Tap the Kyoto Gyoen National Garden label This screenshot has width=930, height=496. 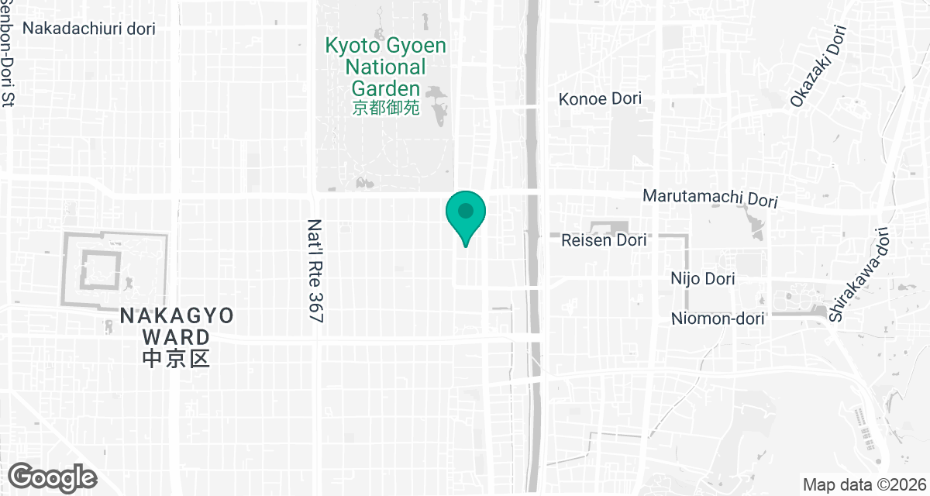click(385, 67)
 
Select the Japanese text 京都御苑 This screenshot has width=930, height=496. click(385, 108)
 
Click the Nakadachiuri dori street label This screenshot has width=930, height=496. click(90, 29)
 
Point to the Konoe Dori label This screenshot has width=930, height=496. click(601, 100)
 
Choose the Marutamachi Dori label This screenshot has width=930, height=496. click(710, 198)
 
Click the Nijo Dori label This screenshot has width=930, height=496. click(704, 278)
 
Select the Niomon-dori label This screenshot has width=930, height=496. click(718, 319)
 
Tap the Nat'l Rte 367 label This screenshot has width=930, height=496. click(315, 270)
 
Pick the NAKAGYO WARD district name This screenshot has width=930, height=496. click(177, 326)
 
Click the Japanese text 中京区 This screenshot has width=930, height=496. click(177, 359)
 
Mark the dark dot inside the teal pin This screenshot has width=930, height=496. click(465, 210)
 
